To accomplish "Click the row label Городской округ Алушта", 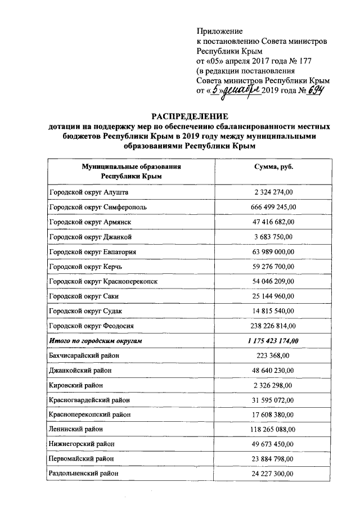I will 89,193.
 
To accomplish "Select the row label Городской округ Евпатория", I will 93,252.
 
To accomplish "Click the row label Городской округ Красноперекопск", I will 104,281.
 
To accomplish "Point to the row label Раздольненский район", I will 84,474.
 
